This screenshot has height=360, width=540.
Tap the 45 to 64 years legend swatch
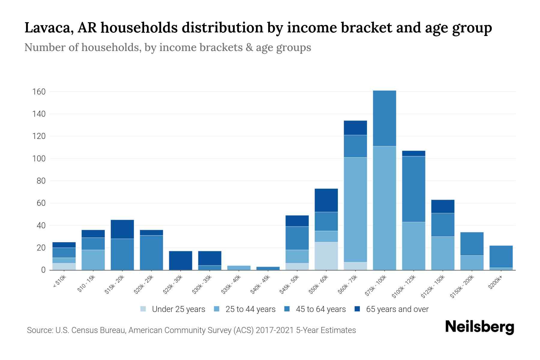[x=287, y=309]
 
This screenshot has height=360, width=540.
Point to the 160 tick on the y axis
[x=39, y=91]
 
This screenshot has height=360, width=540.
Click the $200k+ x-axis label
[x=495, y=283]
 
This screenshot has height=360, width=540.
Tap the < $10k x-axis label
[x=59, y=282]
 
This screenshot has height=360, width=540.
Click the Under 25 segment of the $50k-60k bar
[x=326, y=256]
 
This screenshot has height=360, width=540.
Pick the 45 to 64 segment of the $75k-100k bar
[x=384, y=118]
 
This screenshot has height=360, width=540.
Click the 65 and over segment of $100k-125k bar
[x=413, y=153]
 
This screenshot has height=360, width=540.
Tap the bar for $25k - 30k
[x=180, y=260]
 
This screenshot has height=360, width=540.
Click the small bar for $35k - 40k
[x=239, y=268]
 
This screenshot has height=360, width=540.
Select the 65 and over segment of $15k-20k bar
[x=122, y=229]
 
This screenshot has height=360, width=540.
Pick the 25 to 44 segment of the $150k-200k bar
[x=472, y=262]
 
